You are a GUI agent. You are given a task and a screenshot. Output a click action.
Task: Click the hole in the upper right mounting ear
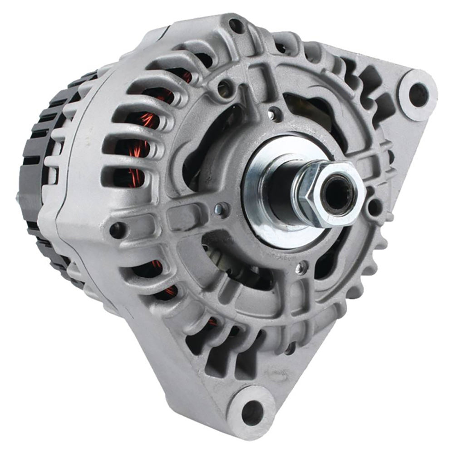(x=418, y=95)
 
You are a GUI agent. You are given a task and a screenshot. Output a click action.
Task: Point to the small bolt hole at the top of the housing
(x=236, y=25)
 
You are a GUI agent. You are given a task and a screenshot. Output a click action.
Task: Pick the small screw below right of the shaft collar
(x=300, y=269)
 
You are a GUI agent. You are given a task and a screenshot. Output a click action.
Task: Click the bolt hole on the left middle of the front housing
(x=117, y=229)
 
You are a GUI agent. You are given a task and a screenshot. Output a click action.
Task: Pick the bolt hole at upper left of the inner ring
(x=224, y=87)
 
